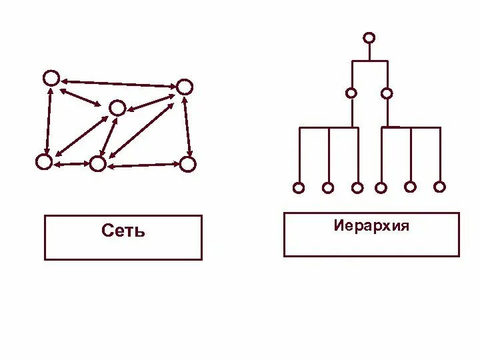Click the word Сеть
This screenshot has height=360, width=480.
123,231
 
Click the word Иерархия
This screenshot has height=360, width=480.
371,225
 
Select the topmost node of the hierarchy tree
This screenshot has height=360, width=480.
369,37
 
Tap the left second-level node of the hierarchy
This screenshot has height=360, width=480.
351,93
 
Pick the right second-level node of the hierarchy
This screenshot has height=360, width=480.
386,93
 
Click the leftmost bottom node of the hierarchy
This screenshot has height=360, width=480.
299,188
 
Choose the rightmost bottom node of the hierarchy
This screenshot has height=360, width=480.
439,187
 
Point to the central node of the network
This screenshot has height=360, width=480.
117,107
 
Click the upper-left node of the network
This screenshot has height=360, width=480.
51,78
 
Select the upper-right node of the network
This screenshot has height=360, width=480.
185,87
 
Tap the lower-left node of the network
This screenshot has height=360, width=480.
43,161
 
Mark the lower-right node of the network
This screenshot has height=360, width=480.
188,163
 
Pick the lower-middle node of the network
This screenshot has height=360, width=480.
98,163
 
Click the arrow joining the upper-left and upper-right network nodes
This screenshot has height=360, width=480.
118,83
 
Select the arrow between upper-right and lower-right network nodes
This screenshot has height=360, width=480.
187,125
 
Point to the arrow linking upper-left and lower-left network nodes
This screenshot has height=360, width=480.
47,120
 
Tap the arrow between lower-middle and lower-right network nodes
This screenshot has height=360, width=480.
143,164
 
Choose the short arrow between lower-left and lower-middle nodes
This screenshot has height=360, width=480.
71,163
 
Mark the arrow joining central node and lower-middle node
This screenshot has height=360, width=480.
108,135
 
